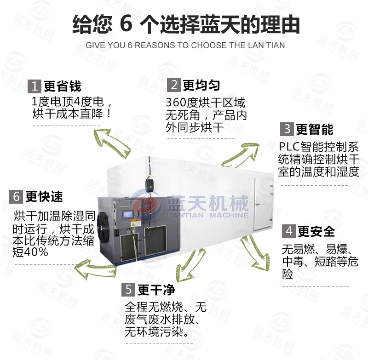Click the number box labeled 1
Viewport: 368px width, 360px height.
coord(34,86)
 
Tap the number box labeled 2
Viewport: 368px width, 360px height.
coord(174,85)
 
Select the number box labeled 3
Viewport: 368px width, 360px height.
coord(287,129)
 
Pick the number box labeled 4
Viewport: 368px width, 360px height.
coord(289,231)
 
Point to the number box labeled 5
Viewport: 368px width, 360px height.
coord(128,289)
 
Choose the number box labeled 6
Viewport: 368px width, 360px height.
coord(16,196)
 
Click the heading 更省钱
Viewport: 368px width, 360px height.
coord(63,86)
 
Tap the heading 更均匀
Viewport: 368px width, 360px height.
coord(201,85)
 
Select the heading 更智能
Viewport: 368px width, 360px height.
coord(315,129)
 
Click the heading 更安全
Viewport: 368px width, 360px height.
coord(316,231)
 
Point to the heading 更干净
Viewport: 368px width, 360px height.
coord(156,290)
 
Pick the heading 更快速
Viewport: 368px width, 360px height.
coord(44,197)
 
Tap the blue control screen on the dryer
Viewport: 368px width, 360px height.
coord(128,214)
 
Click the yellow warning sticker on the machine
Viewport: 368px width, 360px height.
coord(136,223)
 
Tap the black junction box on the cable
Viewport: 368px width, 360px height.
coord(150,183)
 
